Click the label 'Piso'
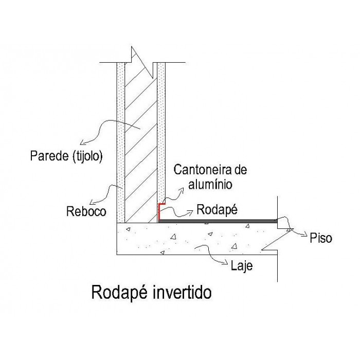(321, 238)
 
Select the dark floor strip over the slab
(216, 221)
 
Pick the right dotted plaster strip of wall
(161, 129)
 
